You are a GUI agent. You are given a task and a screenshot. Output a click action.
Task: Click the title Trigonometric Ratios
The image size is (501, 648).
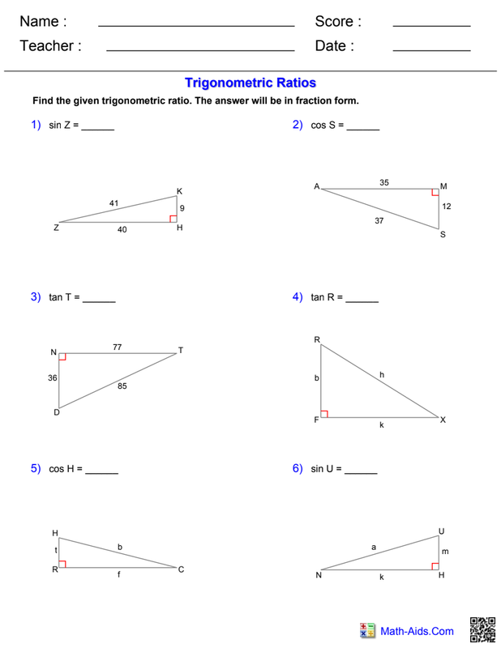pos(250,83)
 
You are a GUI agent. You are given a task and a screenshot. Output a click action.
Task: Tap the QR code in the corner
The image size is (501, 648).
pos(482,630)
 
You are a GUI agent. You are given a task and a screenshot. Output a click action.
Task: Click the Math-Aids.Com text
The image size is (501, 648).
pos(417,631)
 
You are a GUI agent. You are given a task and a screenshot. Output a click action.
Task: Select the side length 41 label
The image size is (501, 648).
pos(114,202)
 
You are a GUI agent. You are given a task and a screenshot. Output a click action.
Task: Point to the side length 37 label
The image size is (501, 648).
pos(379,220)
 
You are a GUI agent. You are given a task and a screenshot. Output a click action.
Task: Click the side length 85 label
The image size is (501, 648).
pos(122,386)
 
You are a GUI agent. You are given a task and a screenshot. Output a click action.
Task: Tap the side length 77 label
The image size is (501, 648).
pos(117,347)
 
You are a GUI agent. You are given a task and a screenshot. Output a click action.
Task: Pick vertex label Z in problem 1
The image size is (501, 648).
pos(56,228)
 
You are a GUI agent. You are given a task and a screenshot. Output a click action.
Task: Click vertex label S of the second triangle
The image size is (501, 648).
pos(443,235)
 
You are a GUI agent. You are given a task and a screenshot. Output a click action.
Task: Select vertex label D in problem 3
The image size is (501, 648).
pos(57,413)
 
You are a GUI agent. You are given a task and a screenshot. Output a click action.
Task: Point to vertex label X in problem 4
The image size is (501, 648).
pos(443,420)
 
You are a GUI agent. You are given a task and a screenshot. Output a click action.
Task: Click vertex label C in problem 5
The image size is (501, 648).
pos(181,569)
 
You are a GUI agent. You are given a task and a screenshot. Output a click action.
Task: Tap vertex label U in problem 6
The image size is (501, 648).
pos(442,531)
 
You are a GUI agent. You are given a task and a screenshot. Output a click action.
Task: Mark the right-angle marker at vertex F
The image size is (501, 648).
pos(324,414)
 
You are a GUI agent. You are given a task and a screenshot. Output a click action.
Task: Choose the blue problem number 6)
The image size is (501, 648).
pos(298,468)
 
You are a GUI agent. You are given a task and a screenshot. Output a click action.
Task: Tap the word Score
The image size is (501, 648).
pos(334,22)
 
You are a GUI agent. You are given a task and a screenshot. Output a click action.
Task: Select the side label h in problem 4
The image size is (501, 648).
pos(382,374)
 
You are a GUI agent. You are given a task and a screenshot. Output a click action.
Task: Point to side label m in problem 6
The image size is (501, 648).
pos(445,552)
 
